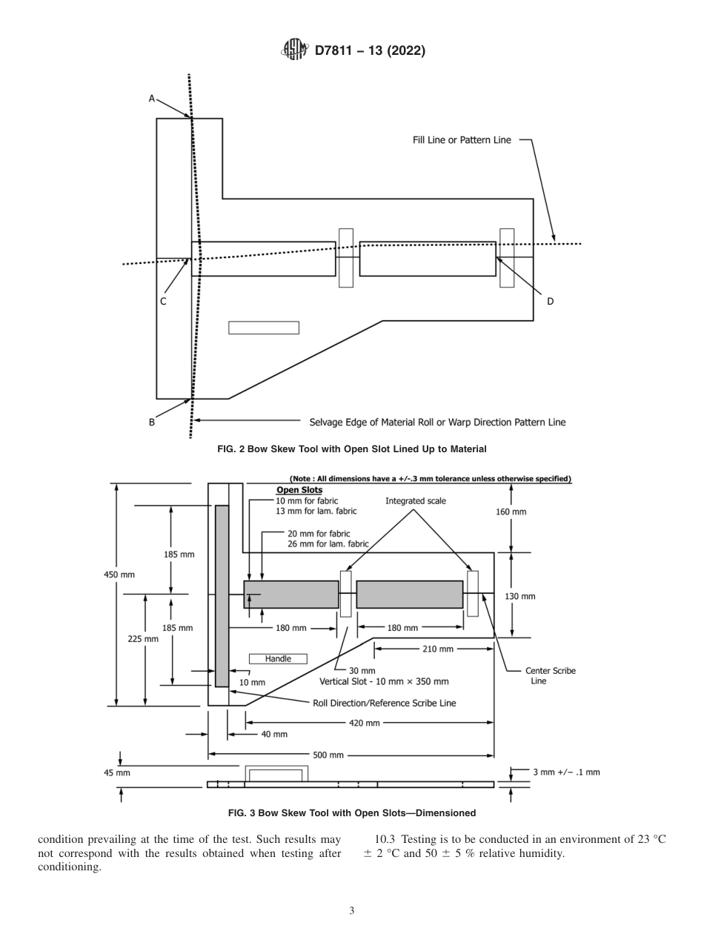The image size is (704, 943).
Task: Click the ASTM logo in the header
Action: click(295, 50)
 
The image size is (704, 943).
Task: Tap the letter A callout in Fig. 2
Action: click(152, 98)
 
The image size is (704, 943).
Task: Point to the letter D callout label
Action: click(550, 301)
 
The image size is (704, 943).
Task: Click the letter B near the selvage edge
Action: click(152, 422)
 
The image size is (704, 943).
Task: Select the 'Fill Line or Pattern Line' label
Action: click(462, 139)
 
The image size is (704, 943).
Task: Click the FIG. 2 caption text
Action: click(352, 449)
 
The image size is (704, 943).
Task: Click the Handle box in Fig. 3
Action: click(278, 658)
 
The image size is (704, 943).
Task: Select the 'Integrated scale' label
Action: click(415, 502)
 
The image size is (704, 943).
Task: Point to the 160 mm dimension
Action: click(511, 512)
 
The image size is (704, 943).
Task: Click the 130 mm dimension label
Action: click(520, 596)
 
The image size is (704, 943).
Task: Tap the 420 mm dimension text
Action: click(364, 722)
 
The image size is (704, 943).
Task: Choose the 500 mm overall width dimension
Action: click(328, 755)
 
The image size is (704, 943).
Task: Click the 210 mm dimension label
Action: click(437, 649)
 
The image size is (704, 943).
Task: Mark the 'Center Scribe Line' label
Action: click(549, 675)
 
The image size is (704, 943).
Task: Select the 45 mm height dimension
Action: click(116, 772)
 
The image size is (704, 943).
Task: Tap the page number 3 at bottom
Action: click(352, 910)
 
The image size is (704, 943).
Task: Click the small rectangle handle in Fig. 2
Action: click(263, 328)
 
